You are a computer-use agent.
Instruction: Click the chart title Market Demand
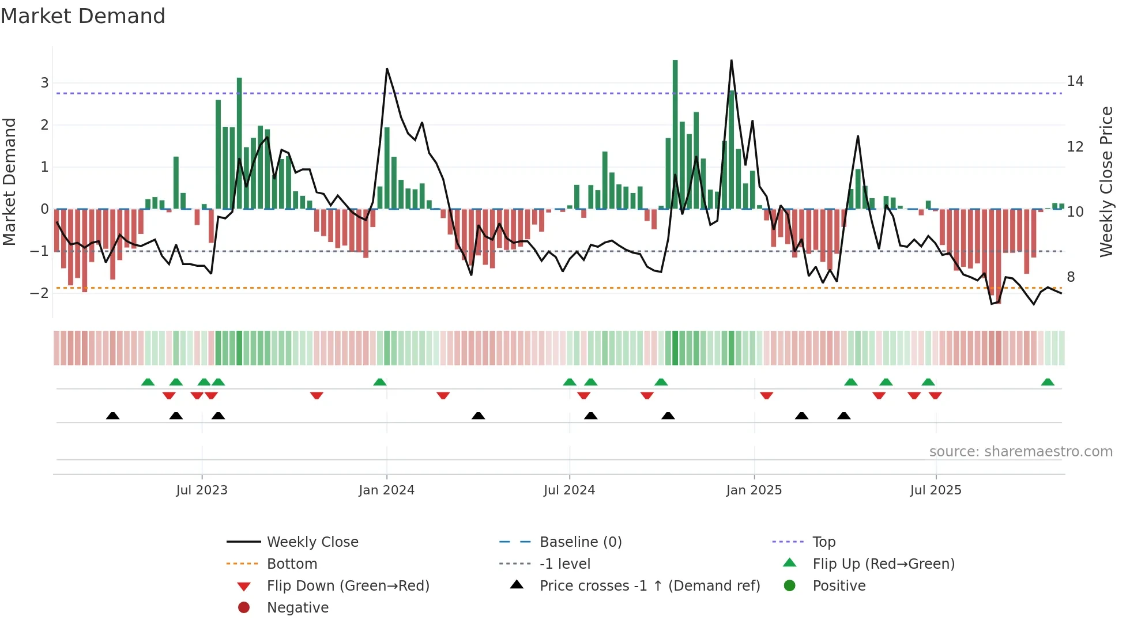pos(83,16)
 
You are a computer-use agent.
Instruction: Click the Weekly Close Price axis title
pos(1106,182)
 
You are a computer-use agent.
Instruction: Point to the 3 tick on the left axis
pos(44,83)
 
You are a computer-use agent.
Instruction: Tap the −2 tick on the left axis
pos(40,293)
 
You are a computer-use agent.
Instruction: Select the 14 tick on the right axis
pos(1075,81)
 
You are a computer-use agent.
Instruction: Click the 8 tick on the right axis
pos(1071,277)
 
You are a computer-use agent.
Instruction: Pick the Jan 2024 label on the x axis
pos(386,490)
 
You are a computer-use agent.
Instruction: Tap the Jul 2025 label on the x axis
pos(936,490)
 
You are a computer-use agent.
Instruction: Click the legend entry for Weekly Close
pos(312,542)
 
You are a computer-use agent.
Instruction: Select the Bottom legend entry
pos(292,564)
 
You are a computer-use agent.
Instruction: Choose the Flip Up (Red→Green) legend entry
pos(883,564)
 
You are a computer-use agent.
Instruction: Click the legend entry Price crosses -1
pos(649,586)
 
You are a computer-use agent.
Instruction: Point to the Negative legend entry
pos(297,608)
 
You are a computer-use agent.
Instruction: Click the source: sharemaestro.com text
pos(1020,452)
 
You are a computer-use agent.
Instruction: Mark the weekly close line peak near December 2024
pos(732,61)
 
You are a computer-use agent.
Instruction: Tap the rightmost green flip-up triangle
pos(1048,382)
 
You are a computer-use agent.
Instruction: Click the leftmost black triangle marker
pos(113,415)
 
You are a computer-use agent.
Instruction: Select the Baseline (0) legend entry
pos(580,542)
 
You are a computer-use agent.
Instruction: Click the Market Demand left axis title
pos(10,182)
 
